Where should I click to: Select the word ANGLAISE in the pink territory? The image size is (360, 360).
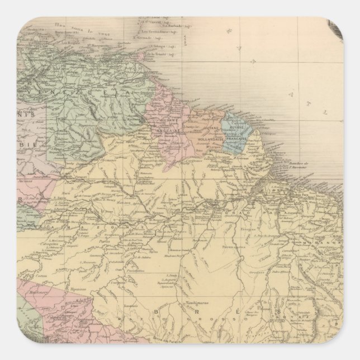165,127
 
